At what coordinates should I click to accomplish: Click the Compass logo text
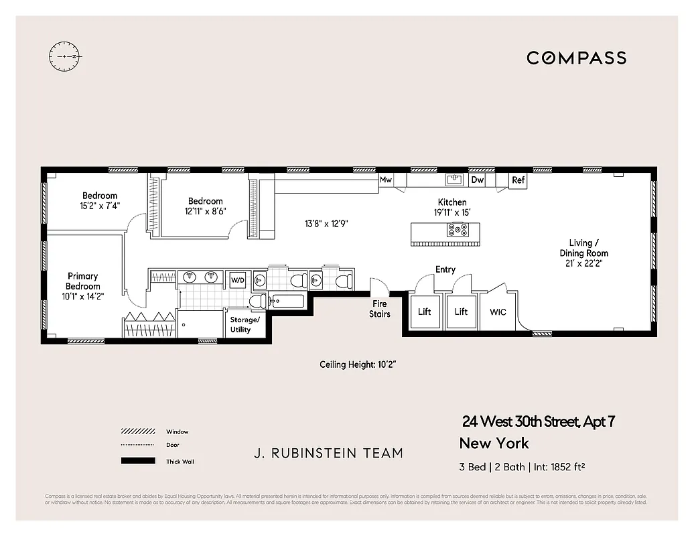coord(576,58)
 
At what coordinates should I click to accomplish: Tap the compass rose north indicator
coord(65,57)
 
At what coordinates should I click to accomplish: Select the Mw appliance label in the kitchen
coord(386,180)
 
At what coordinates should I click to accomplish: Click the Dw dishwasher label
coord(477,180)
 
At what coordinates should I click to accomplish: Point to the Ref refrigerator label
coord(518,180)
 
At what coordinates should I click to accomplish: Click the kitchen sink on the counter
coord(454,180)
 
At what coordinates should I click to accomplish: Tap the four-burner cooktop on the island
coord(459,230)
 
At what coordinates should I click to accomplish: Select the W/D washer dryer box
coord(238,279)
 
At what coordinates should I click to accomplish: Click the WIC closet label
coord(498,312)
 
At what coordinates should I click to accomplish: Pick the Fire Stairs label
coord(380,309)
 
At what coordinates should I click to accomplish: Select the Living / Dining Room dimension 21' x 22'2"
coord(584,264)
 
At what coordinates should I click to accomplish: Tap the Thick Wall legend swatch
coord(139,461)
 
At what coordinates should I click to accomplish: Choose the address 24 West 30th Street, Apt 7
coord(538,422)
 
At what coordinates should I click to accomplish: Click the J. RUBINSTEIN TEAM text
coord(328,454)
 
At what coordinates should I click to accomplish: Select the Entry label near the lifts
coord(445,269)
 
